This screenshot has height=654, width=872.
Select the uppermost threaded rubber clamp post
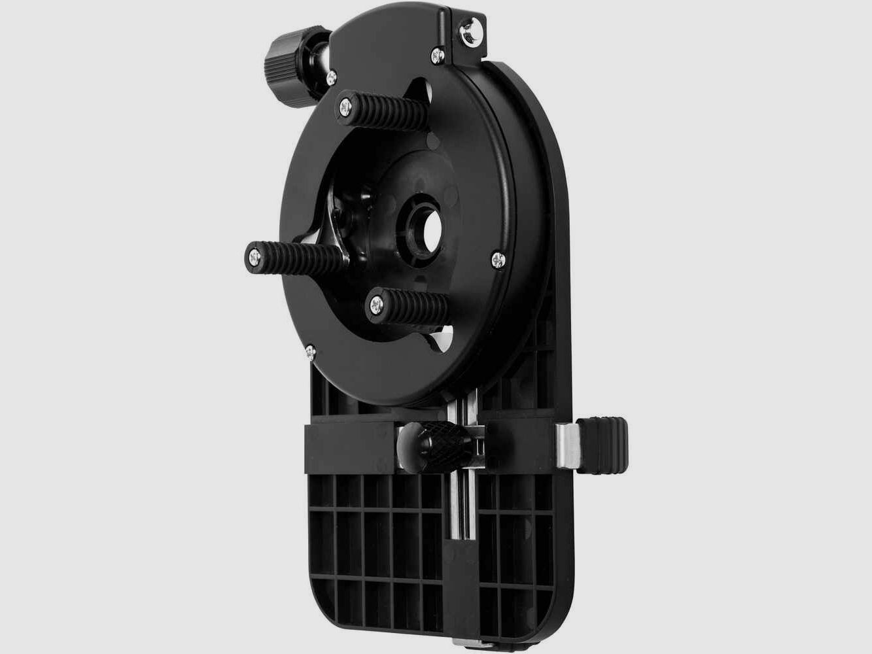[374, 108]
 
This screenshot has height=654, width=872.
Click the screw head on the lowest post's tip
[377, 302]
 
